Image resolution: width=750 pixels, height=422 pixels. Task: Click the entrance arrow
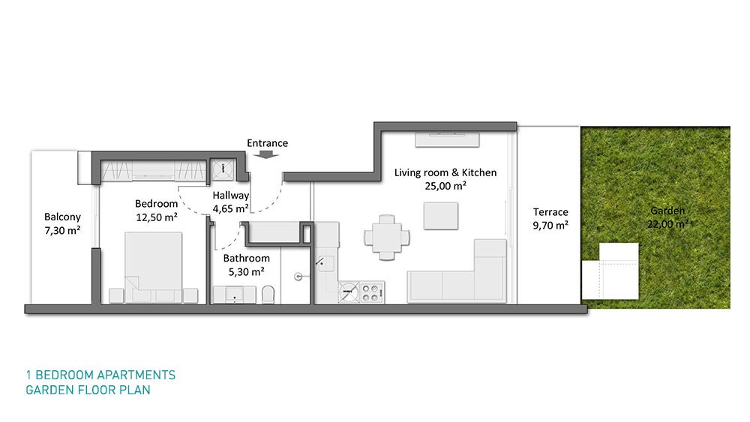click(266, 154)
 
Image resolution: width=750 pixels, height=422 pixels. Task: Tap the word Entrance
click(268, 143)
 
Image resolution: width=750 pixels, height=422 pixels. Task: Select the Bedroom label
click(157, 204)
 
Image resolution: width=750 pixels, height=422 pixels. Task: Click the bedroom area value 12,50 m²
click(157, 217)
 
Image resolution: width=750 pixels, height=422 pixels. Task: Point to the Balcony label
click(63, 217)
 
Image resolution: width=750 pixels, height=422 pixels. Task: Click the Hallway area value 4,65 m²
click(230, 209)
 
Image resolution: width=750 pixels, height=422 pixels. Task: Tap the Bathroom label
click(246, 258)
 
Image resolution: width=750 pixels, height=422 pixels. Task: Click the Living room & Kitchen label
click(445, 172)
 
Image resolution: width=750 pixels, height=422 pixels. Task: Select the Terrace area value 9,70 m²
click(550, 225)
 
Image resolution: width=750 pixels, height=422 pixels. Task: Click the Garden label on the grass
click(667, 211)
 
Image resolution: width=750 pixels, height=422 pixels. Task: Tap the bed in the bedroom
click(154, 268)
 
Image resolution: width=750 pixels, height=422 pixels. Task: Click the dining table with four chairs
click(387, 238)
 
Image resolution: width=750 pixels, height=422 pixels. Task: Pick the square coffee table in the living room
click(440, 216)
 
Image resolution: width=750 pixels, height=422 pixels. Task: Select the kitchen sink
click(326, 264)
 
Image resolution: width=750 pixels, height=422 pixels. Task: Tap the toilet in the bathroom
click(268, 295)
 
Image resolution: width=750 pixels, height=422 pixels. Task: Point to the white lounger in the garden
click(610, 271)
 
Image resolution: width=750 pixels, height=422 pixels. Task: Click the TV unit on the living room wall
click(447, 140)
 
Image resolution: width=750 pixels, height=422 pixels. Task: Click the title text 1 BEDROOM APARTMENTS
click(101, 376)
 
